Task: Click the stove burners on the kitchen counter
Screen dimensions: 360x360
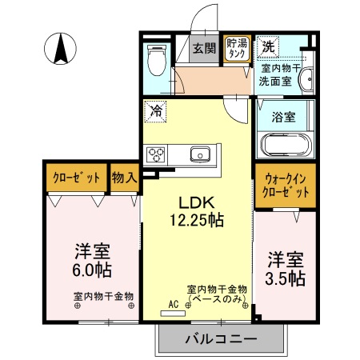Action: pos(156,154)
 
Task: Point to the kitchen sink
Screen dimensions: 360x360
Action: pos(197,154)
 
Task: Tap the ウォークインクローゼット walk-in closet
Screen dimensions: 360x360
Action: pos(284,186)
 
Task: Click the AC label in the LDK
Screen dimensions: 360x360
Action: pos(173,304)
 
